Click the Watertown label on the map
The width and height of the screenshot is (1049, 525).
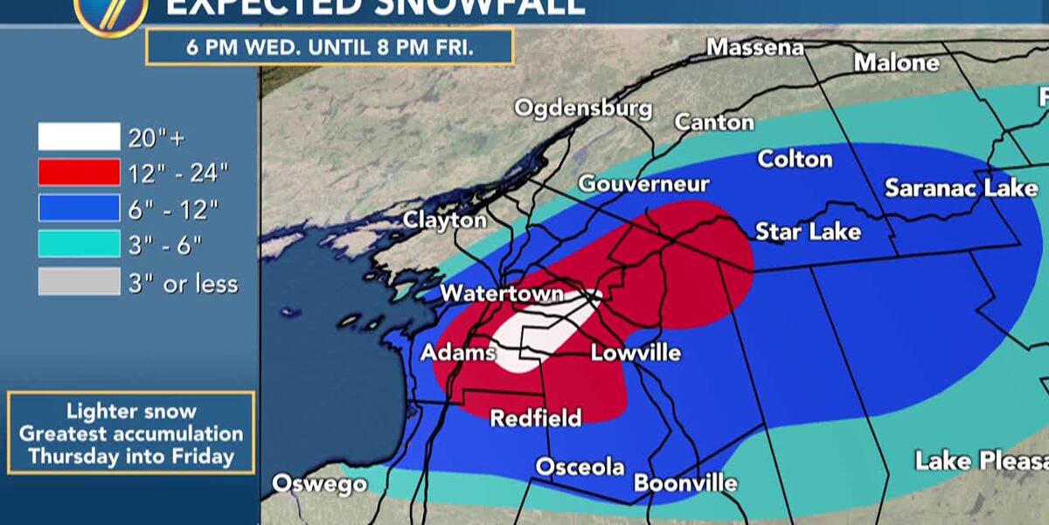click(x=502, y=293)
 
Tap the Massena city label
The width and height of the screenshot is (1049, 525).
click(x=754, y=47)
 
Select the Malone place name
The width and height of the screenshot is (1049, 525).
click(x=896, y=63)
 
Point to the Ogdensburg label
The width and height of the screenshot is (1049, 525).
click(x=583, y=108)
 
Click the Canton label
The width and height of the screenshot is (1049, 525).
click(x=714, y=122)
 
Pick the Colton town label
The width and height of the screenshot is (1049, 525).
click(x=795, y=159)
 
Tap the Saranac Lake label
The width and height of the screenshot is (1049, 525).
click(x=961, y=188)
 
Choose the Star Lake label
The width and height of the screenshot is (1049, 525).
click(x=808, y=231)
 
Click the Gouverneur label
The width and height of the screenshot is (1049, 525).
click(x=643, y=185)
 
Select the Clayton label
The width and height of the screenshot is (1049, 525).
click(x=444, y=220)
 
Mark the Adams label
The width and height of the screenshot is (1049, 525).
click(x=458, y=353)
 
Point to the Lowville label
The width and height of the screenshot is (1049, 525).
click(x=636, y=353)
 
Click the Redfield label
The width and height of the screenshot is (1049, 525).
click(x=535, y=418)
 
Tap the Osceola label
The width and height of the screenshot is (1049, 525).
click(x=580, y=466)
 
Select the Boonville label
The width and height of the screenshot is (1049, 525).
click(x=685, y=483)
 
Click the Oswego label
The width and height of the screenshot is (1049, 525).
click(x=319, y=484)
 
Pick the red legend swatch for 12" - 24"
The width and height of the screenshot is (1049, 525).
click(x=79, y=172)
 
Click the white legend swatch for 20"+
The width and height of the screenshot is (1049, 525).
click(x=79, y=137)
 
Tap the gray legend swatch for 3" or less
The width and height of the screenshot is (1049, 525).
click(x=79, y=282)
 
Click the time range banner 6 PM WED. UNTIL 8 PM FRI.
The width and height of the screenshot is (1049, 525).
click(x=330, y=46)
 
